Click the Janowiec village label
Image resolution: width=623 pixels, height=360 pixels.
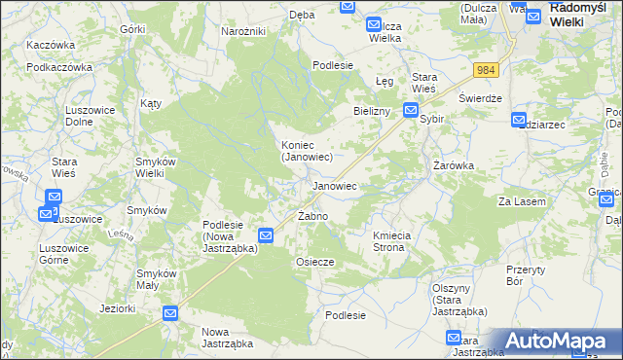click(333, 185)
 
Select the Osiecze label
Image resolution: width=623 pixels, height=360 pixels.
click(314, 262)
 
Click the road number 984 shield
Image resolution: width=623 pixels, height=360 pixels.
click(487, 70)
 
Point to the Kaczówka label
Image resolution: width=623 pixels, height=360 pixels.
click(51, 46)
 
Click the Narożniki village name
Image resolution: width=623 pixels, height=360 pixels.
click(243, 32)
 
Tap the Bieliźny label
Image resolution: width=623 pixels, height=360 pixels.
click(372, 112)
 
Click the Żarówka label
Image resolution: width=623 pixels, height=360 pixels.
click(453, 165)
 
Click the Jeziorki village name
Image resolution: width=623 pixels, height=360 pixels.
click(117, 309)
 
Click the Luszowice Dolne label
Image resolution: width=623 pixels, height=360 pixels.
click(91, 117)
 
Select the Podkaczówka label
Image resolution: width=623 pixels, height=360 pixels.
click(58, 68)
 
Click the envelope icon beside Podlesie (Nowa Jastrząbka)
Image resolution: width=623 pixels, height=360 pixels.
click(266, 235)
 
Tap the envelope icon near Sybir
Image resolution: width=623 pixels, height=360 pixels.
click(411, 113)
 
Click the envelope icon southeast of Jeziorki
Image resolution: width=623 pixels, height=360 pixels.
click(169, 313)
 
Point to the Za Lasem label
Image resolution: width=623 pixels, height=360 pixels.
click(519, 201)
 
